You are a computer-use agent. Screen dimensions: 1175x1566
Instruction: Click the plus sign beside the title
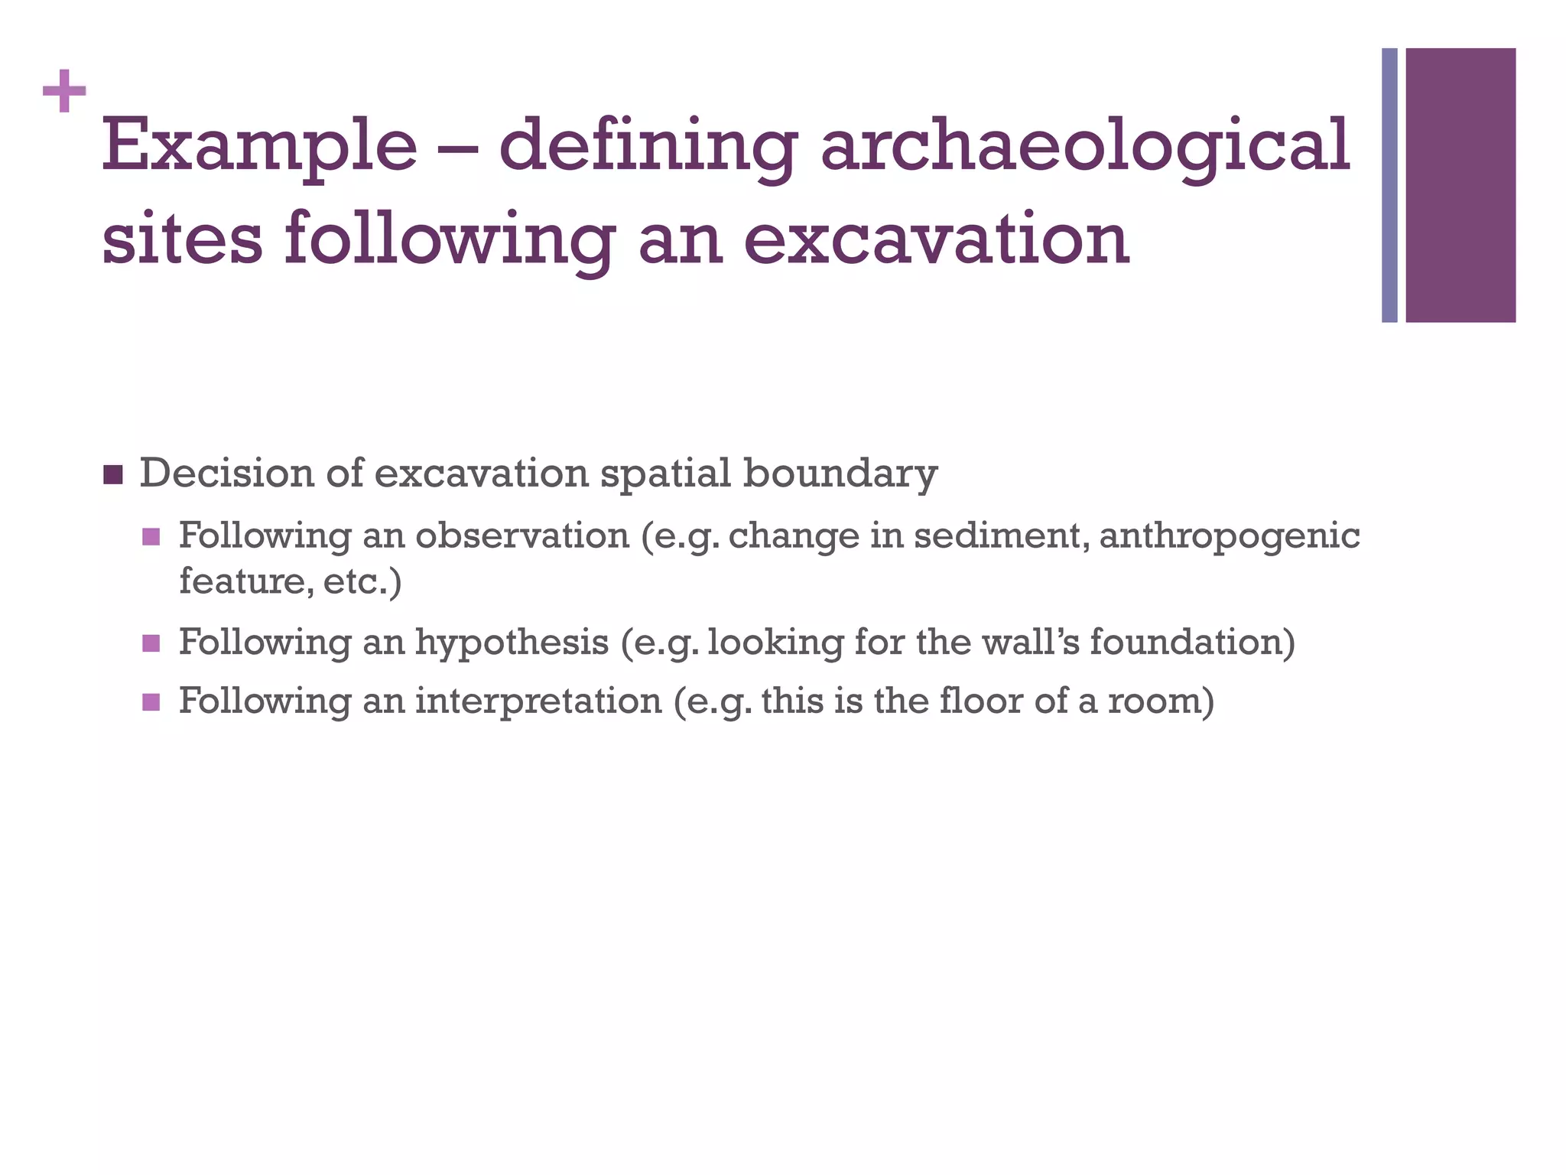[64, 92]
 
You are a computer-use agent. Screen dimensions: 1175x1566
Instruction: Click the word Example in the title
[259, 146]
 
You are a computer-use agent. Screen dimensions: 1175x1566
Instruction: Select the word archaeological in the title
[1084, 146]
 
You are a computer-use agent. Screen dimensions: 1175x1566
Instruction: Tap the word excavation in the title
[936, 239]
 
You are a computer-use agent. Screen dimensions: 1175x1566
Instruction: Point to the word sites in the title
[182, 239]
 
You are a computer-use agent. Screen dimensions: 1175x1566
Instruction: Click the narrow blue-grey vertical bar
[1389, 185]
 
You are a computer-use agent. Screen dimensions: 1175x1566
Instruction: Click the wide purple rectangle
[1460, 185]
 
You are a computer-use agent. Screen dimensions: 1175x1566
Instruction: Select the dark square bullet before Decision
[112, 475]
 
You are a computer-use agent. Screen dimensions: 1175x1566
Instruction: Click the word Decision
[226, 474]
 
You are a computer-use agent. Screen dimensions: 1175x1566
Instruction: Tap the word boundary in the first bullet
[840, 474]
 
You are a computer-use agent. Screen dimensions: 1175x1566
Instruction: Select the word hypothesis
[512, 643]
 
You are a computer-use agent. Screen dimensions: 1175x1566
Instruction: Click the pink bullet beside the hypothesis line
[151, 643]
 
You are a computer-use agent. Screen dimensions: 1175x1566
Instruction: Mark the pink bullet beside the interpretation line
[151, 701]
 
